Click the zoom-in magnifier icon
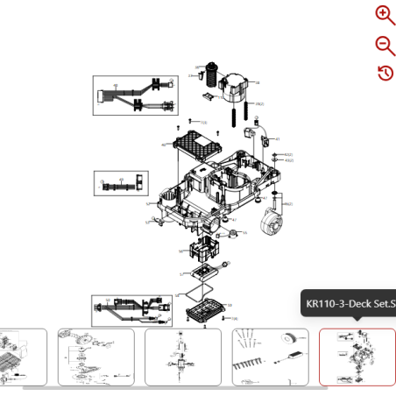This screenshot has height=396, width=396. tap(385, 14)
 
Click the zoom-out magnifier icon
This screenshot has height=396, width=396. tap(385, 46)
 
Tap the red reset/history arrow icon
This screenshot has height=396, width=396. tap(385, 73)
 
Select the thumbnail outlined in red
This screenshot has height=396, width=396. tap(357, 357)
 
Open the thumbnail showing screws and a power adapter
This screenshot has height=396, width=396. tap(270, 357)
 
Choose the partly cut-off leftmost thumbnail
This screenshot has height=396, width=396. tap(22, 357)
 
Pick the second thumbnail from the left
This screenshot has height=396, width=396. tap(95, 357)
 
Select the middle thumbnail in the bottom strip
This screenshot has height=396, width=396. tap(182, 357)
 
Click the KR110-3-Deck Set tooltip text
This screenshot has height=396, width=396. tap(349, 305)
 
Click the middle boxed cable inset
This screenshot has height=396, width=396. tap(121, 184)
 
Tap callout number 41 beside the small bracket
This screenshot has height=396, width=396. tap(278, 139)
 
